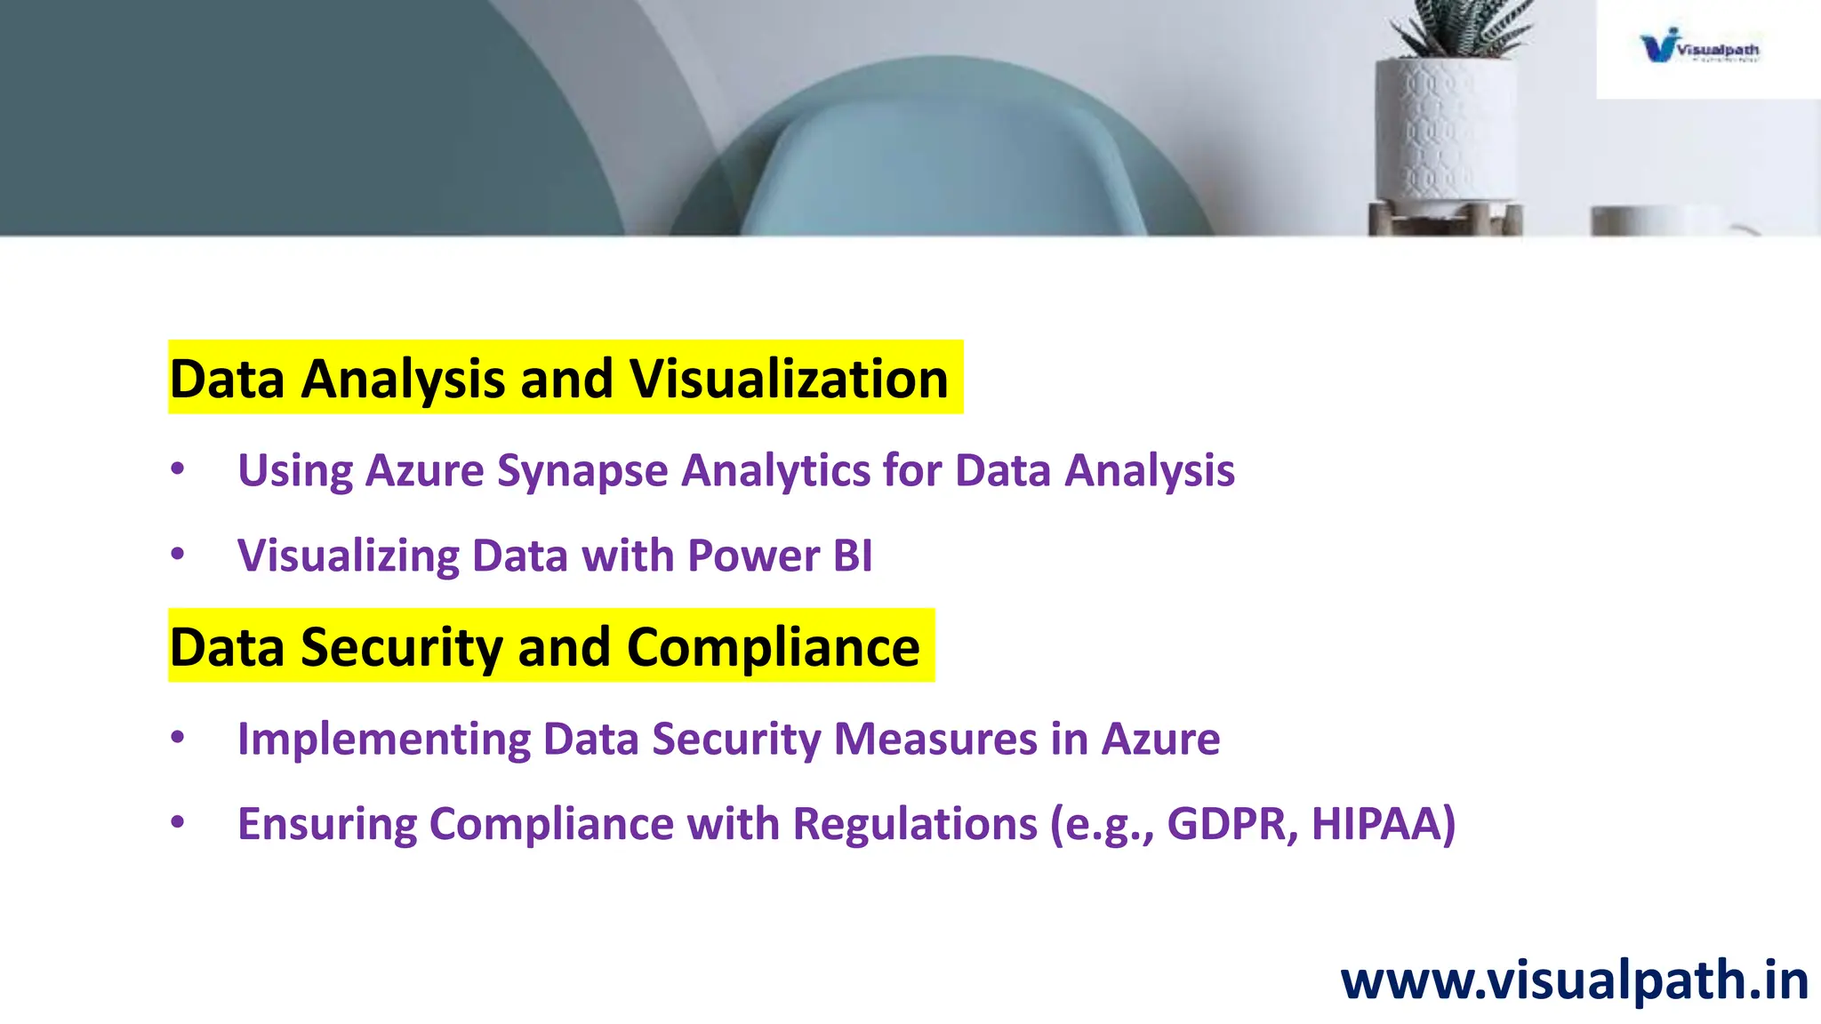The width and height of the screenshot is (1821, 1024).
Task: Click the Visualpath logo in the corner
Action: point(1699,45)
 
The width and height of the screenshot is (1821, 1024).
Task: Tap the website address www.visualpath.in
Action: point(1574,980)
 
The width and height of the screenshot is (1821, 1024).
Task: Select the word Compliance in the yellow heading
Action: point(773,647)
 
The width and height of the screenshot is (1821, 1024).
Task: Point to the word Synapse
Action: point(582,471)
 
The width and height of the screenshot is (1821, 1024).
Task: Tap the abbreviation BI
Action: point(853,556)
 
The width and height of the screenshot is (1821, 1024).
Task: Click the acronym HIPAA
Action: point(1383,824)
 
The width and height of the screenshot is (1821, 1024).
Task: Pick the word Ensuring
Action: point(326,824)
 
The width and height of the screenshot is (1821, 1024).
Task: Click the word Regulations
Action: point(915,824)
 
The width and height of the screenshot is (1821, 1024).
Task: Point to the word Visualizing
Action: point(348,556)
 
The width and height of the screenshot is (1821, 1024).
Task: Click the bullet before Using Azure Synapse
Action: point(178,468)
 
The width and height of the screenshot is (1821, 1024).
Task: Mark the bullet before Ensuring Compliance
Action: point(178,822)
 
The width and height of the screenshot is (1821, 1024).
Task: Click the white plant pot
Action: point(1445,133)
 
